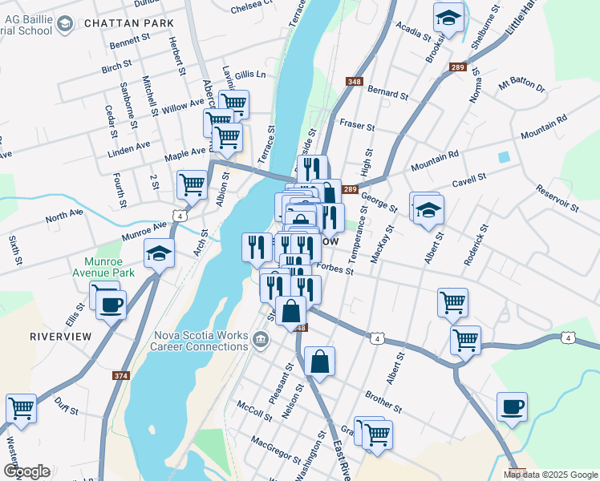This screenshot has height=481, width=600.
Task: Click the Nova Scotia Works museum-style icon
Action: click(x=260, y=341)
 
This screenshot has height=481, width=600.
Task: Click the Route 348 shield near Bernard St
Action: click(x=353, y=82)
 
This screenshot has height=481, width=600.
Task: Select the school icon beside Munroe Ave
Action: click(x=159, y=254)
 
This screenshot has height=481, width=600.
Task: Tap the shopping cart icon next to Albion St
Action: click(x=193, y=184)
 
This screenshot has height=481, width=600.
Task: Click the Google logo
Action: click(x=26, y=471)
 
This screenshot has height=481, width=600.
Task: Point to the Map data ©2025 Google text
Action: click(x=550, y=475)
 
